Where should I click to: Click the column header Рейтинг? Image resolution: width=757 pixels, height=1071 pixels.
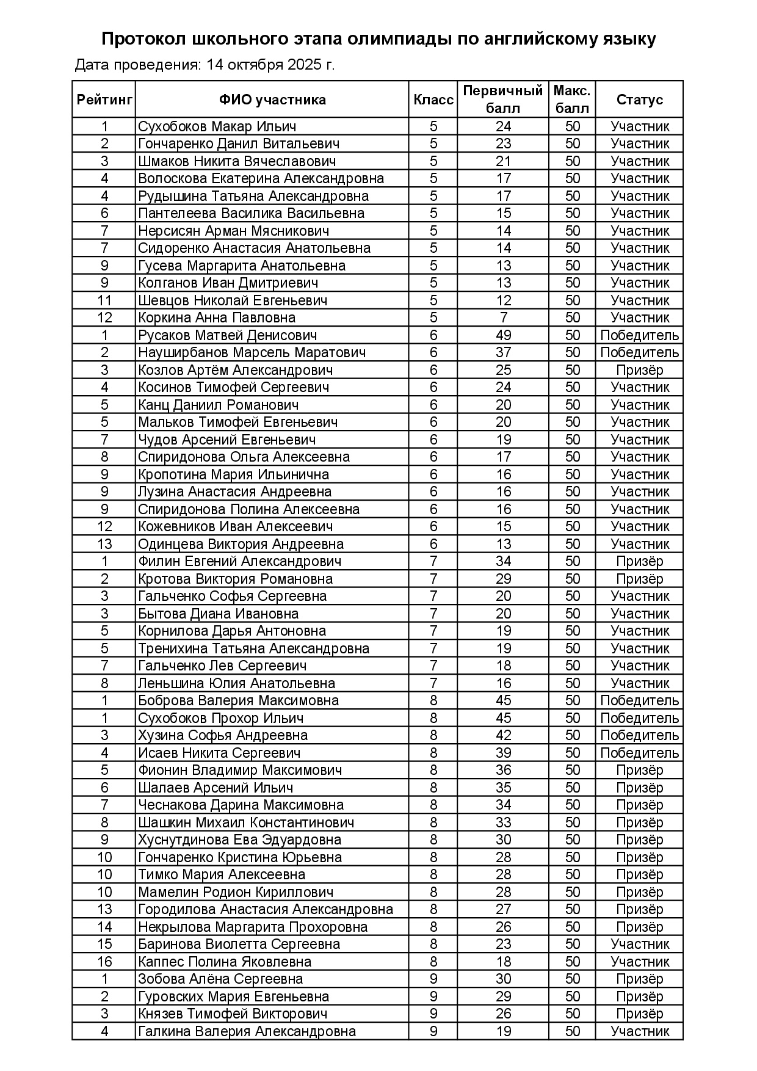(x=104, y=100)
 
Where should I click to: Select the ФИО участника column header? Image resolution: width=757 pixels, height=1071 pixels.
(x=272, y=100)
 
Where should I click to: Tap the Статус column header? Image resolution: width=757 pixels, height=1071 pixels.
(x=639, y=100)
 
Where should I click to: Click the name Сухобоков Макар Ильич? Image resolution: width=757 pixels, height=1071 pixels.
(x=217, y=126)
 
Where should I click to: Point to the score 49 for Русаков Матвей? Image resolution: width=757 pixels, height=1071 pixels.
(x=503, y=335)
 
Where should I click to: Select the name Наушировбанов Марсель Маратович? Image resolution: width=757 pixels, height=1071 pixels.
(x=252, y=352)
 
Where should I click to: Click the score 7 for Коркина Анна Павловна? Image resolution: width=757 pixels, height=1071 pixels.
(x=503, y=318)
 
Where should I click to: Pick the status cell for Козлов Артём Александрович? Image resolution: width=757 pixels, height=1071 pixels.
(x=639, y=370)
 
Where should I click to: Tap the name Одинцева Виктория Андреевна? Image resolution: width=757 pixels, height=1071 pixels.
(x=241, y=544)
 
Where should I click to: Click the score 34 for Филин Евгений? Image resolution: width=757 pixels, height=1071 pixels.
(x=503, y=561)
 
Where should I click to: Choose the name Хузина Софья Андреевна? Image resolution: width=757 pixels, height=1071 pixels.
(x=222, y=735)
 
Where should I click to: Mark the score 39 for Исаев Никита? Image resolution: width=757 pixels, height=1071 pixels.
(x=503, y=753)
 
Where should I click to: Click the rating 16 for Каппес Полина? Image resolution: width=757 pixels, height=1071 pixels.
(x=104, y=962)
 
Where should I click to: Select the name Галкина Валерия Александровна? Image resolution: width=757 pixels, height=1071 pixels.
(x=247, y=1031)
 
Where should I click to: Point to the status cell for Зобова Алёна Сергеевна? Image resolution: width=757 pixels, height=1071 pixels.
(x=639, y=979)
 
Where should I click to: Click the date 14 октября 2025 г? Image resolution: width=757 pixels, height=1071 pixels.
(x=270, y=65)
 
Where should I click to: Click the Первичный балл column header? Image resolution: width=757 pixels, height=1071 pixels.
(x=503, y=100)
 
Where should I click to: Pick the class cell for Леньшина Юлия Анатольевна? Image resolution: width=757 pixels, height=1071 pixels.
(x=433, y=683)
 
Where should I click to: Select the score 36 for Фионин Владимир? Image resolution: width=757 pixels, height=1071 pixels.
(x=503, y=770)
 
